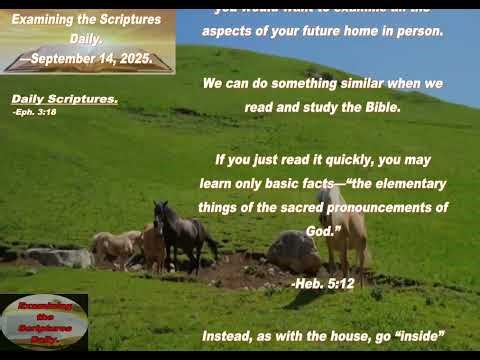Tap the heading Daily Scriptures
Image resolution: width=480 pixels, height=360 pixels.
[x=65, y=100]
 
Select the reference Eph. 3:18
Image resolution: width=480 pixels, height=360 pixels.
[x=35, y=112]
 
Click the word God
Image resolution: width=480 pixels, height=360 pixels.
[x=317, y=230]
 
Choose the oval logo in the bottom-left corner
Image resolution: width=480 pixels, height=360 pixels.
[x=43, y=321]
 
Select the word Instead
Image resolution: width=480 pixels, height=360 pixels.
[x=229, y=336]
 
